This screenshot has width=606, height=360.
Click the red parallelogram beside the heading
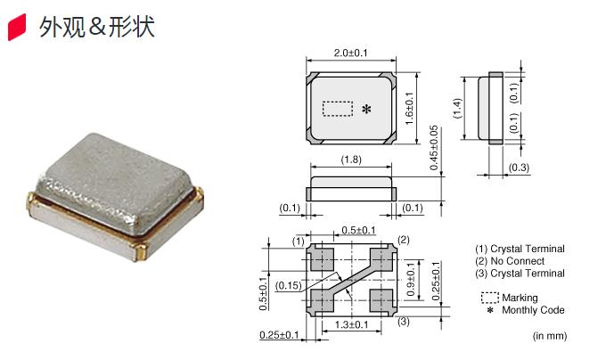(x=17, y=27)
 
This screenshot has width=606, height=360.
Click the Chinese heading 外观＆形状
(x=96, y=27)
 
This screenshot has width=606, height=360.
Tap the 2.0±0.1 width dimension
(x=351, y=53)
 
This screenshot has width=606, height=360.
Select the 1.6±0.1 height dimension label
(x=409, y=109)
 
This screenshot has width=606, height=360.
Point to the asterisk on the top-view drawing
(x=366, y=110)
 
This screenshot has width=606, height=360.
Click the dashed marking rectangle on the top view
(x=338, y=109)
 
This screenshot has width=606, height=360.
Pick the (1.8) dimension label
(x=351, y=160)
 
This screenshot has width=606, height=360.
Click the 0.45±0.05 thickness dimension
(x=434, y=148)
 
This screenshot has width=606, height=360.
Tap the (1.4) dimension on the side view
(x=457, y=108)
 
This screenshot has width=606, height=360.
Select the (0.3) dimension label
(x=519, y=168)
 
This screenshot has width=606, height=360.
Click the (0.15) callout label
(x=289, y=285)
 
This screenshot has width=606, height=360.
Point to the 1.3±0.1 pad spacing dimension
(x=352, y=324)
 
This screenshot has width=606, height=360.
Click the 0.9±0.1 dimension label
(x=411, y=279)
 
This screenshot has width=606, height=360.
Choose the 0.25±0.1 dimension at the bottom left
(x=279, y=334)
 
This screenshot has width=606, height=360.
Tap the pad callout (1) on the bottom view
(x=299, y=241)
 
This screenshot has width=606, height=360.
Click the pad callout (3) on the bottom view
(x=404, y=321)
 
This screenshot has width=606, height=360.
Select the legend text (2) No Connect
(x=510, y=261)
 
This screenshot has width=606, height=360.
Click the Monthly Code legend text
(x=533, y=310)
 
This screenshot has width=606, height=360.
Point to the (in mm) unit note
(x=550, y=336)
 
